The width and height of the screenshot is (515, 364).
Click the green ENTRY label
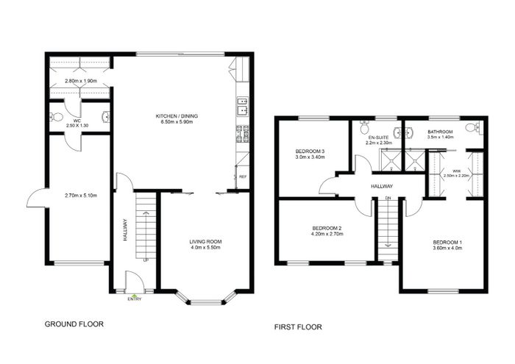(135, 299)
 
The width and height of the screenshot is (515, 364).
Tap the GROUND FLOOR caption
(74, 324)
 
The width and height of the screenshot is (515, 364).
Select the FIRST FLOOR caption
(298, 327)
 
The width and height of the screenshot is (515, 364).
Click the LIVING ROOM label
(205, 242)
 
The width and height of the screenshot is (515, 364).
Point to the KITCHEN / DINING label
(177, 116)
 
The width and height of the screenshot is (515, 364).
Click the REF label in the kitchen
(243, 177)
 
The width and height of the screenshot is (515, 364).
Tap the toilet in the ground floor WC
(56, 116)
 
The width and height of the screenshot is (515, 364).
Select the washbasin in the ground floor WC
(106, 116)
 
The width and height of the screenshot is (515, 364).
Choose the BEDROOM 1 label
(447, 243)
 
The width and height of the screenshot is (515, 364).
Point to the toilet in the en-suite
(364, 126)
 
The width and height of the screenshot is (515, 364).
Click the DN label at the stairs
(388, 198)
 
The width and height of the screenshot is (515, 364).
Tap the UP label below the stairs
(146, 260)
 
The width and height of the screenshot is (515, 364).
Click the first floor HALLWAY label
(382, 187)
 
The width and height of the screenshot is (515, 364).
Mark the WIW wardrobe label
(456, 171)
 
